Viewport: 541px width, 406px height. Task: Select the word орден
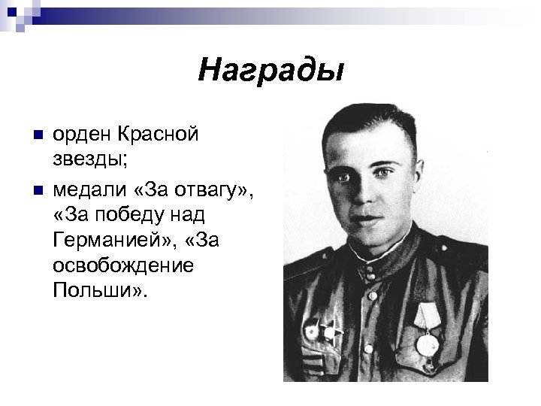83,135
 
